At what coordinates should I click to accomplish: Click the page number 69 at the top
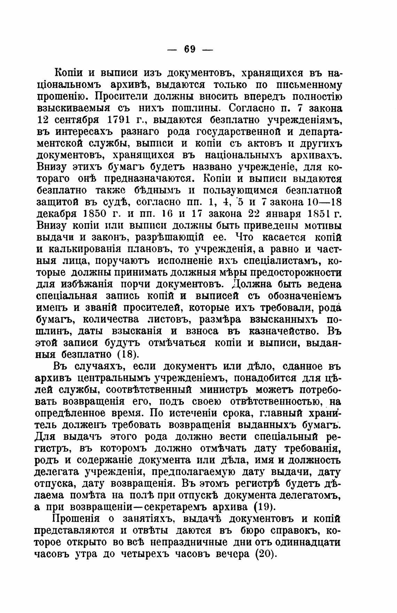tap(190, 49)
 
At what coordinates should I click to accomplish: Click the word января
tap(282, 213)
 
